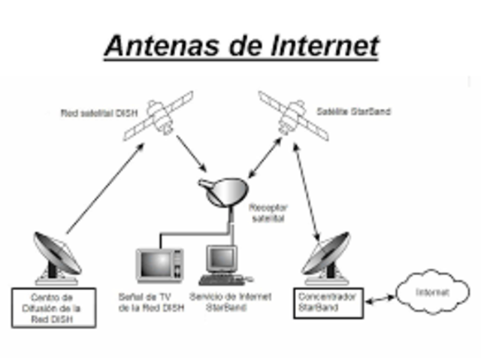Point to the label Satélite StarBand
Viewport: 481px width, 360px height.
364,111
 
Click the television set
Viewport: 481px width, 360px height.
159,265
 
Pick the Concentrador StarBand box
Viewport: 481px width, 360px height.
325,301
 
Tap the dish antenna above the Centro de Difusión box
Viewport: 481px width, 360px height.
56,256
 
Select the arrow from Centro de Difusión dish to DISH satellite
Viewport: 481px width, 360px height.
106,188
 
